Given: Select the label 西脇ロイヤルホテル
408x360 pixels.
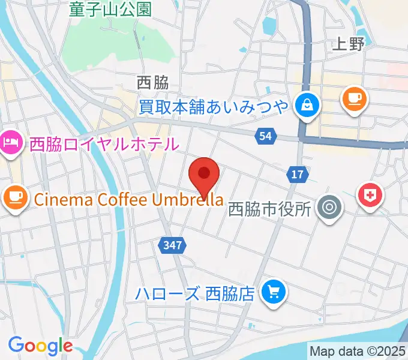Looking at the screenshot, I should coord(104,144).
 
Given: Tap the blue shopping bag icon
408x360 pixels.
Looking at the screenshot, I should coord(308,106).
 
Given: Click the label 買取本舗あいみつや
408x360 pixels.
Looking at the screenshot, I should coord(214,107).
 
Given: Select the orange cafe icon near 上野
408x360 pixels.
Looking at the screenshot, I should coord(353,97).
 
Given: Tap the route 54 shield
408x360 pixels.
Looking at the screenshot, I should coord(266,137).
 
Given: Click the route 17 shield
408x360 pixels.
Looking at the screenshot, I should coord(298,175).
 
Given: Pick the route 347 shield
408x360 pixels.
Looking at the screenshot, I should coord(172,245).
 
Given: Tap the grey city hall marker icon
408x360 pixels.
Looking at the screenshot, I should coord(329,209).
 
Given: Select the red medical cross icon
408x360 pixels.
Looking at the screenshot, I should coord(370,196).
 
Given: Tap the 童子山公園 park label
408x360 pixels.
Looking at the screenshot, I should coord(110,9).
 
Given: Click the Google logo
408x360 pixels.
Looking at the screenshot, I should coord(40,346).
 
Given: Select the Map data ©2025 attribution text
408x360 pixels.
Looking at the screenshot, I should coord(358,350).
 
